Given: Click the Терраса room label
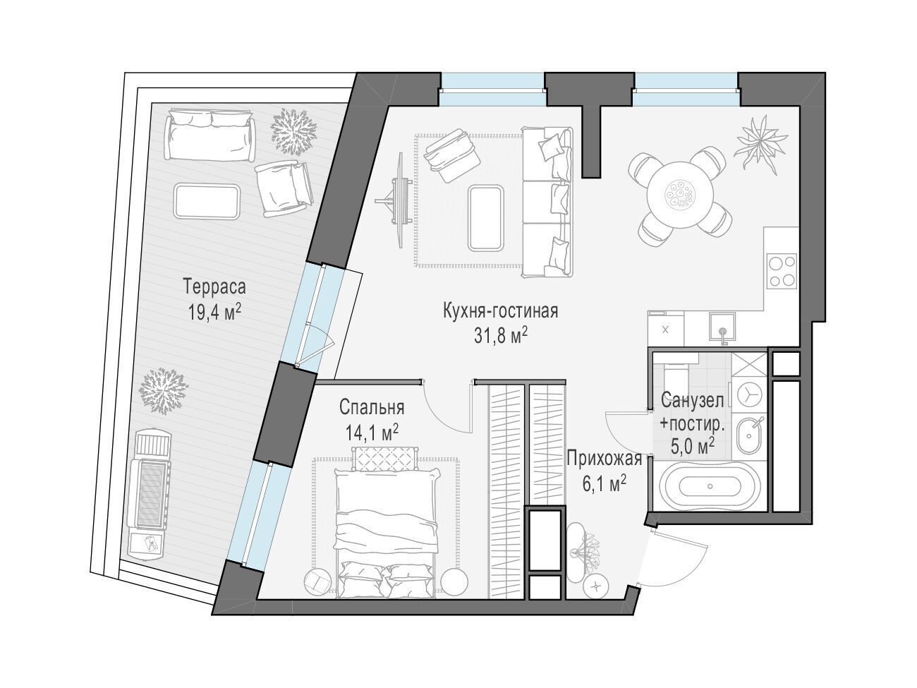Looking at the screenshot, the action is tap(214, 287).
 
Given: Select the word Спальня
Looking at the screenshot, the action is tap(372, 408).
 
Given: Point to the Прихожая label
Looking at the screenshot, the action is tap(604, 459).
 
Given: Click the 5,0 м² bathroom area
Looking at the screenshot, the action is tap(692, 446).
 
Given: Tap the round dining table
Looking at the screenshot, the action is tap(680, 194).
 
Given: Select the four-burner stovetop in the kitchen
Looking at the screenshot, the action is tap(782, 270).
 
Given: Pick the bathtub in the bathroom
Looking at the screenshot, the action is tap(710, 485).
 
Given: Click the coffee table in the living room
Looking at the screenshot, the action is tap(486, 219).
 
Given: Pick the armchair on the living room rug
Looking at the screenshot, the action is tap(451, 155).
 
